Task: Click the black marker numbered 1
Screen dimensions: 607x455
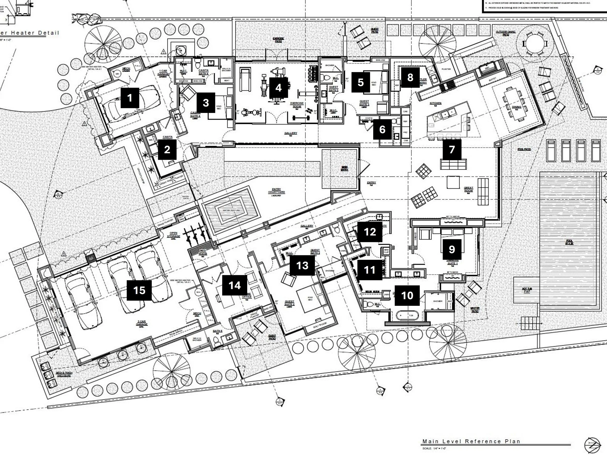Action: point(130,98)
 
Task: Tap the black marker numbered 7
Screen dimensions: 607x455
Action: point(452,149)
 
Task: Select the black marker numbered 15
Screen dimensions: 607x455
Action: point(139,290)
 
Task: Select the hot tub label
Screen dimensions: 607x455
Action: point(527,290)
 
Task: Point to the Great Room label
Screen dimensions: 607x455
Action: point(469,189)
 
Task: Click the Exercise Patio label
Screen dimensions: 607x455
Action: point(278,40)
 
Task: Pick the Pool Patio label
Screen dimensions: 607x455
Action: point(524,149)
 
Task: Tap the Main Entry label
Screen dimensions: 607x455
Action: point(344,168)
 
